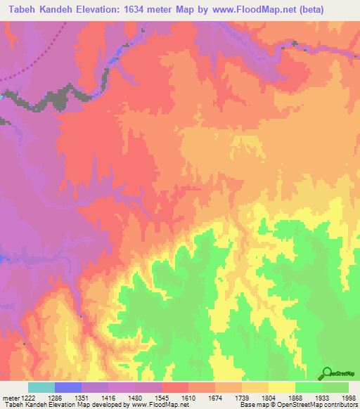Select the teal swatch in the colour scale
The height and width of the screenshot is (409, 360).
(x=41, y=387)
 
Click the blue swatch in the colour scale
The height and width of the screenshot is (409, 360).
(x=67, y=387)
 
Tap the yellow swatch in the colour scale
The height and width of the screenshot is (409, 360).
(x=281, y=387)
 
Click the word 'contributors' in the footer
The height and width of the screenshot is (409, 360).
(x=336, y=405)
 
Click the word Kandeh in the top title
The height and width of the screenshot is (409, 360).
(x=56, y=9)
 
